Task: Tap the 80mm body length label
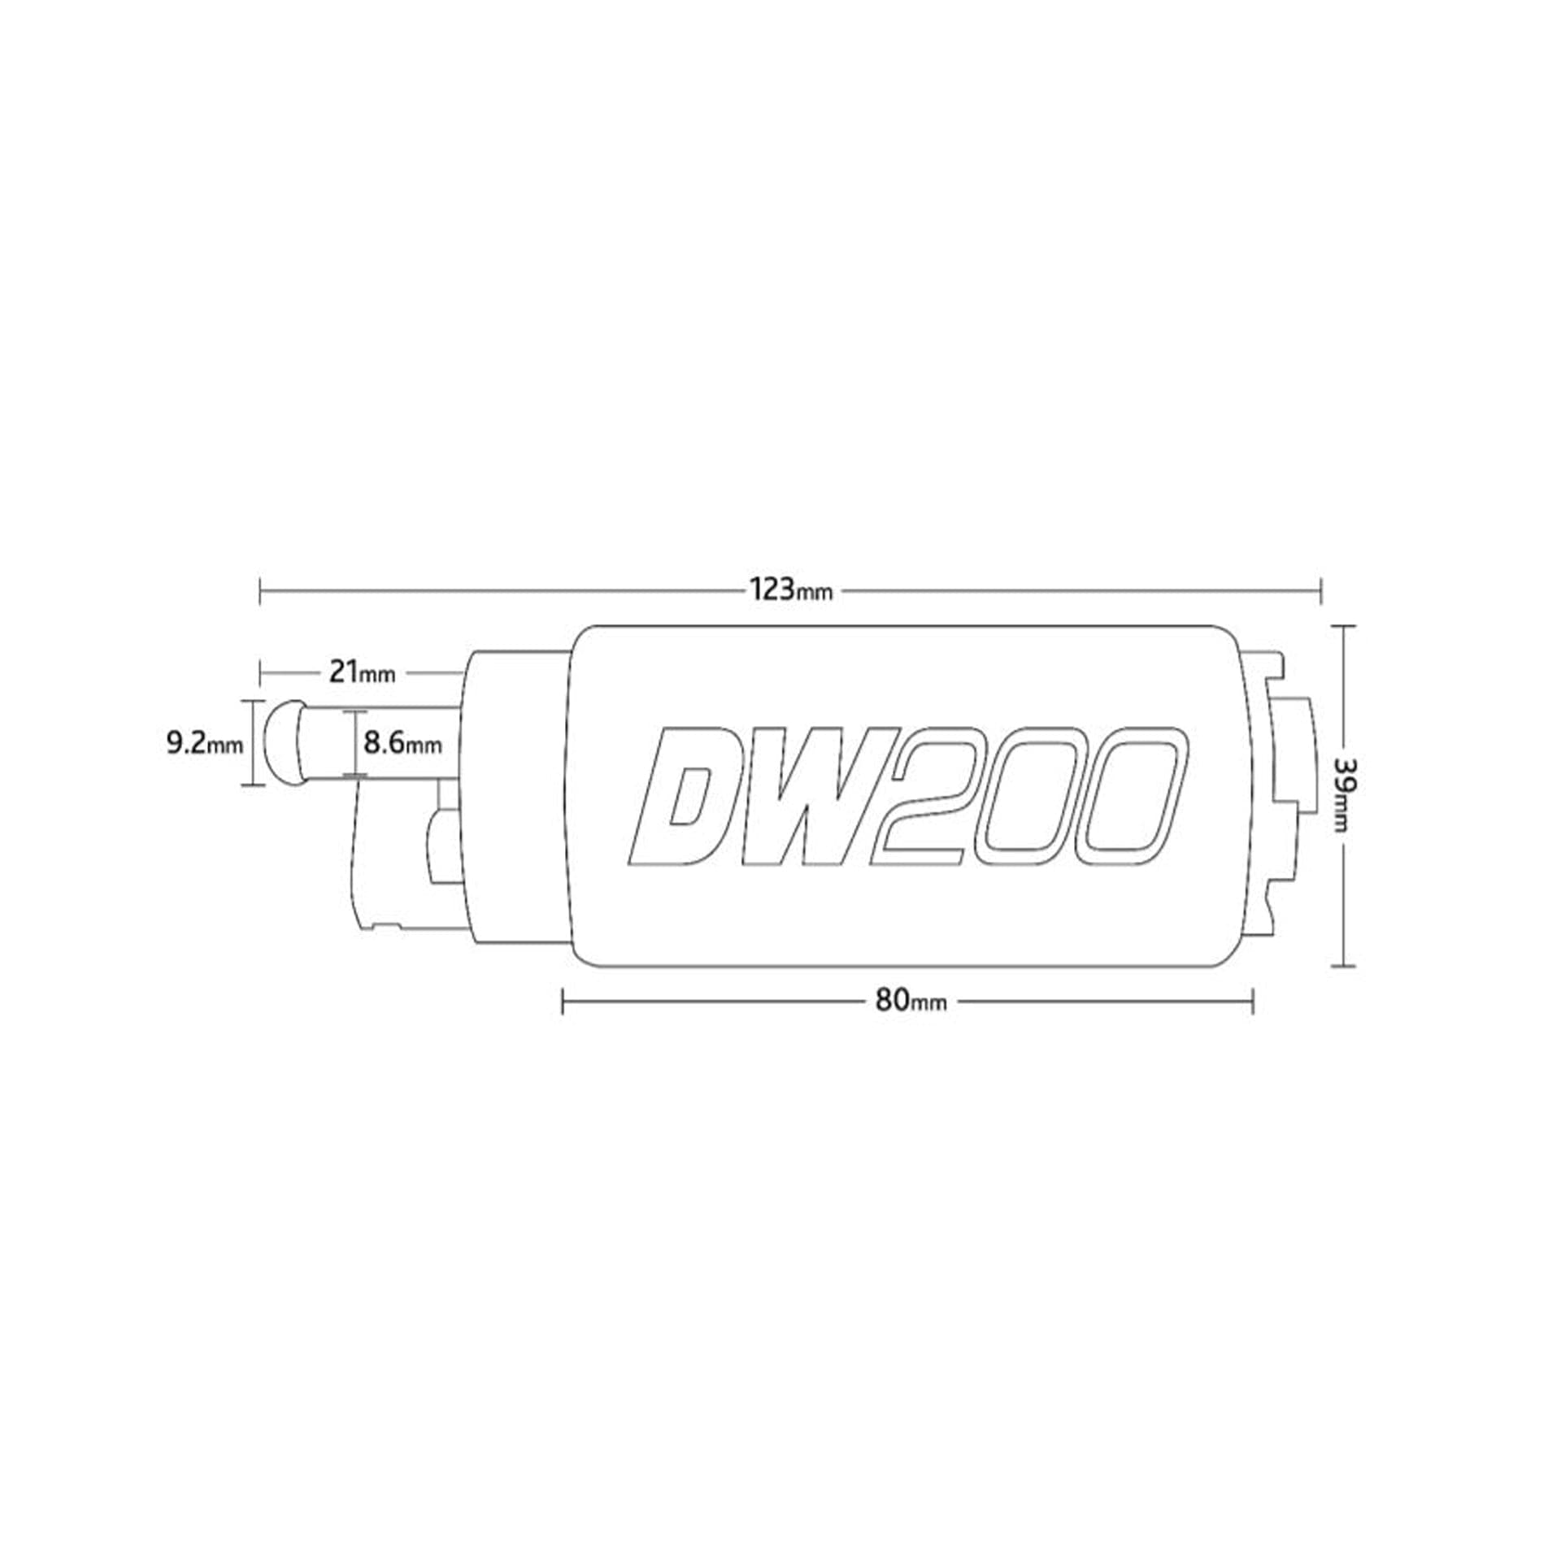tap(911, 1001)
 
